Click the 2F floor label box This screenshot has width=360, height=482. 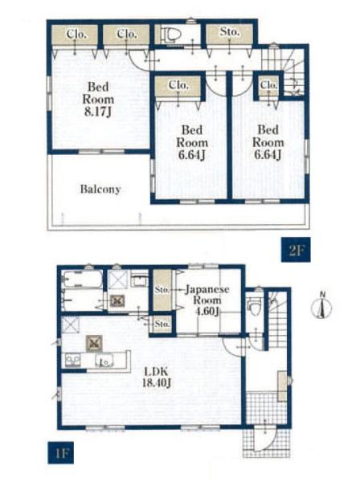click(x=296, y=250)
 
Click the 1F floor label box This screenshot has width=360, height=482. click(x=60, y=452)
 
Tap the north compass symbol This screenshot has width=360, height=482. click(x=321, y=306)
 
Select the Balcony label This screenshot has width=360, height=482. click(x=100, y=189)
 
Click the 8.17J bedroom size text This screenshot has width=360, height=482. click(x=97, y=112)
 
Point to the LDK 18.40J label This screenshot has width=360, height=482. click(x=156, y=378)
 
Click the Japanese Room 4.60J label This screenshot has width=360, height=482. click(x=207, y=300)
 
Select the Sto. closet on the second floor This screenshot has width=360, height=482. click(x=229, y=33)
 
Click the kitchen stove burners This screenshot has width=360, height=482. click(x=73, y=360)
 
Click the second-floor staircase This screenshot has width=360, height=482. click(x=284, y=71)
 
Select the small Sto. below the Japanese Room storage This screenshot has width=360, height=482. click(x=162, y=325)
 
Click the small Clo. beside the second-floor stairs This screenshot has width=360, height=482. click(x=268, y=85)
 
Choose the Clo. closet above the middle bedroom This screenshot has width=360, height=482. click(x=178, y=85)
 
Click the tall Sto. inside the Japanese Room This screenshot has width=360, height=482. click(x=162, y=290)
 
